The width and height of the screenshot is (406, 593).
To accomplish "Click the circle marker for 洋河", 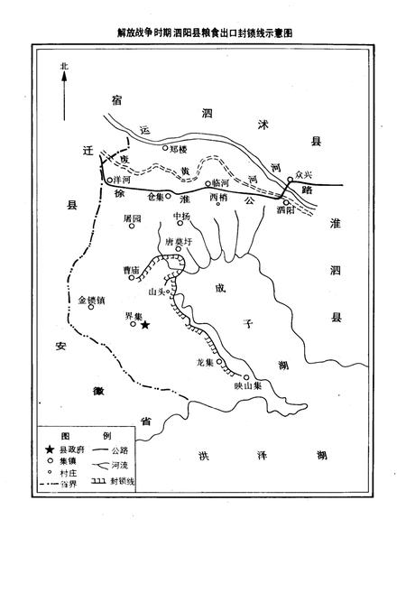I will [106, 181].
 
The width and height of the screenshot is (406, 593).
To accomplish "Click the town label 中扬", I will [181, 217].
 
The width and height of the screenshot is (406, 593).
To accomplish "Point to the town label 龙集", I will [203, 363].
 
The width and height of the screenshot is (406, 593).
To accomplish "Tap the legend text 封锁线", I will [122, 483].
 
